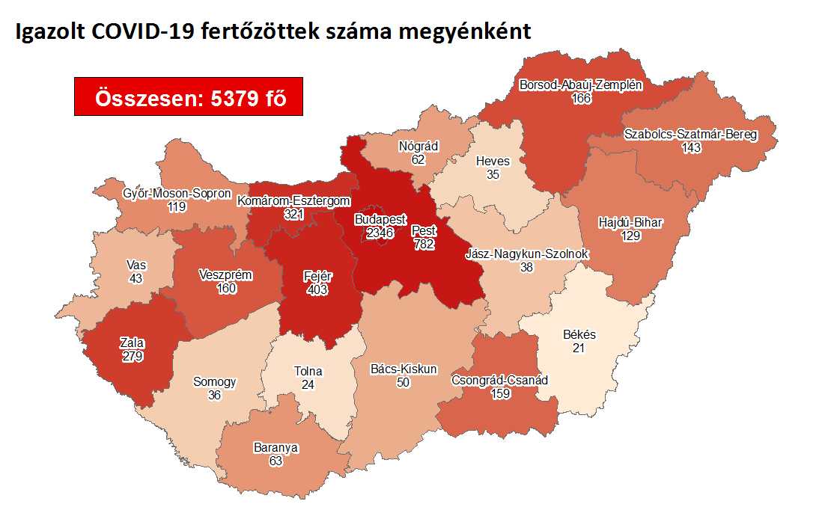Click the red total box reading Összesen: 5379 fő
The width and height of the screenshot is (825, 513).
click(x=189, y=96)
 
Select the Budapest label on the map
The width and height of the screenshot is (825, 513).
click(x=380, y=220)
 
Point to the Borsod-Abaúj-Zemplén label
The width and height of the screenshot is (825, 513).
click(x=580, y=85)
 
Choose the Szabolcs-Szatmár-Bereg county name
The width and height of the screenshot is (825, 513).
click(x=690, y=135)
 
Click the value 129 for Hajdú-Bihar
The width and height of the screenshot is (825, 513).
click(x=630, y=236)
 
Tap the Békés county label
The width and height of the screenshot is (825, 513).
click(x=579, y=335)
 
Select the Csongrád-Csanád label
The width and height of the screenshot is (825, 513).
click(x=499, y=380)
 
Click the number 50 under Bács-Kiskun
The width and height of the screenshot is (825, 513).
click(x=404, y=382)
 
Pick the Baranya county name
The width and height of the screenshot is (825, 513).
click(x=275, y=448)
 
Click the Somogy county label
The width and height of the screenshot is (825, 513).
click(x=214, y=381)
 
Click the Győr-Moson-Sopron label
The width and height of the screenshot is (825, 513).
click(x=177, y=194)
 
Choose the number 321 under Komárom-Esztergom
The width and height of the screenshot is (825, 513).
click(x=293, y=214)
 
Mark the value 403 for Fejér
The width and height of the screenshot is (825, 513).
click(x=317, y=288)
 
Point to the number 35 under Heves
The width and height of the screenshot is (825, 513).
click(x=493, y=174)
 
